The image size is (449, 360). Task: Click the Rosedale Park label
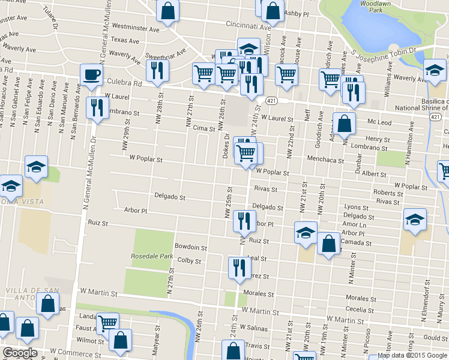152,256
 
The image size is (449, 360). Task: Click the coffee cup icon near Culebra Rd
91,75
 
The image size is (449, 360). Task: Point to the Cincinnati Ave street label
248,26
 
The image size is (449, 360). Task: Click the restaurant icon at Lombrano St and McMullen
96,108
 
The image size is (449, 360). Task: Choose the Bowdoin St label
190,247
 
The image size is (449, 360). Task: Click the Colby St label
189,261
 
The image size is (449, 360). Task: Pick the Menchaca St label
324,160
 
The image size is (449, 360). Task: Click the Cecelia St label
360,310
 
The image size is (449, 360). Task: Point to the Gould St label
436,338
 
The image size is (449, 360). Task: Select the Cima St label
203,128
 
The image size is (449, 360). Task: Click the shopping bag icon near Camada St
328,244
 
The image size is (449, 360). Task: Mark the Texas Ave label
125,41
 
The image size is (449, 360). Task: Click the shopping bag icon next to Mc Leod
345,124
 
